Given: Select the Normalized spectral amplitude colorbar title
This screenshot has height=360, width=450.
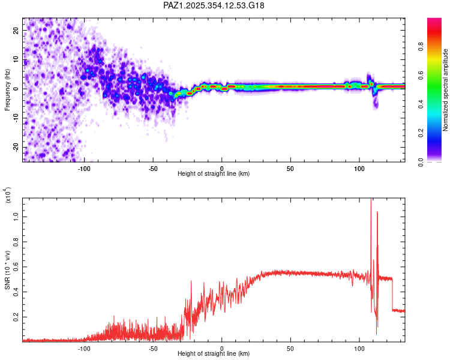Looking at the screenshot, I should click(x=445, y=90).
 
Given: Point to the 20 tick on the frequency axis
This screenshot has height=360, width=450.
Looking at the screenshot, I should click(x=17, y=30).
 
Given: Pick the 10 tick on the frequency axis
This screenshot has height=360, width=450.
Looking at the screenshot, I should click(x=17, y=59).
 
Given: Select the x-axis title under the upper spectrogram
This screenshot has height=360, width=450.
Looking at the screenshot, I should click(x=214, y=173).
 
